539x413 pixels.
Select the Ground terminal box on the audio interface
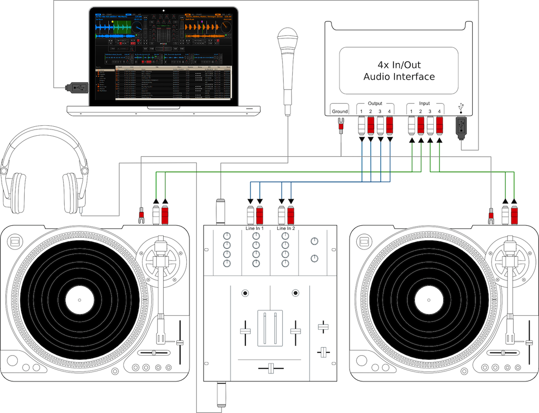coord(340,111)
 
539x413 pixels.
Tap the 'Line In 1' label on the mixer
coord(255,228)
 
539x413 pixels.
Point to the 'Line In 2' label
coord(286,228)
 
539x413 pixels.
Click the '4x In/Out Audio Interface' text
coord(399,70)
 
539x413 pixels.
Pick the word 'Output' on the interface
coord(375,104)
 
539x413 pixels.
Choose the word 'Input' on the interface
coord(424,104)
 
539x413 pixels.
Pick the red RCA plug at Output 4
coord(390,126)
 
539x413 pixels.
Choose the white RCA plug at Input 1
coord(412,126)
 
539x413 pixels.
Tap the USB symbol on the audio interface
coord(461,107)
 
